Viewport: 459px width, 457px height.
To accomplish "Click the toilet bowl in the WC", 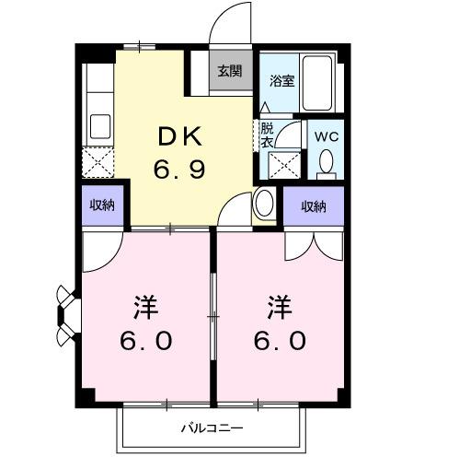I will coord(325,164).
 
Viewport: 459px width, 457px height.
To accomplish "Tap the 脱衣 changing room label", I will coord(267,135).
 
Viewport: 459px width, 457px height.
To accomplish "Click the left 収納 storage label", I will coord(102,206).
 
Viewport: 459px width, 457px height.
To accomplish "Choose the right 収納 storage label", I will coord(315,206).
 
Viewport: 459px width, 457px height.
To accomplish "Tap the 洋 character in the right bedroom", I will coord(281,304).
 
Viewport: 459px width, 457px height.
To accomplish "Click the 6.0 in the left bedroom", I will coord(145,341).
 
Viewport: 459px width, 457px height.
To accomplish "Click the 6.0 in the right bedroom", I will coord(281,341).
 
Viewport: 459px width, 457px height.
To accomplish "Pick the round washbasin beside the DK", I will coord(264,201).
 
